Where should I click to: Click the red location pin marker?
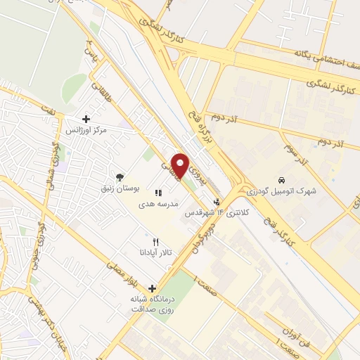click(x=180, y=166)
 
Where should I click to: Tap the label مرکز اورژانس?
click(x=86, y=131)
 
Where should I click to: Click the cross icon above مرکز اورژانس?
click(x=86, y=120)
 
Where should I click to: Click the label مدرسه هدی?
click(x=160, y=203)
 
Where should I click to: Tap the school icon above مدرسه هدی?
click(x=159, y=192)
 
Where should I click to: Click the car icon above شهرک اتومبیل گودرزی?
click(x=282, y=179)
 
